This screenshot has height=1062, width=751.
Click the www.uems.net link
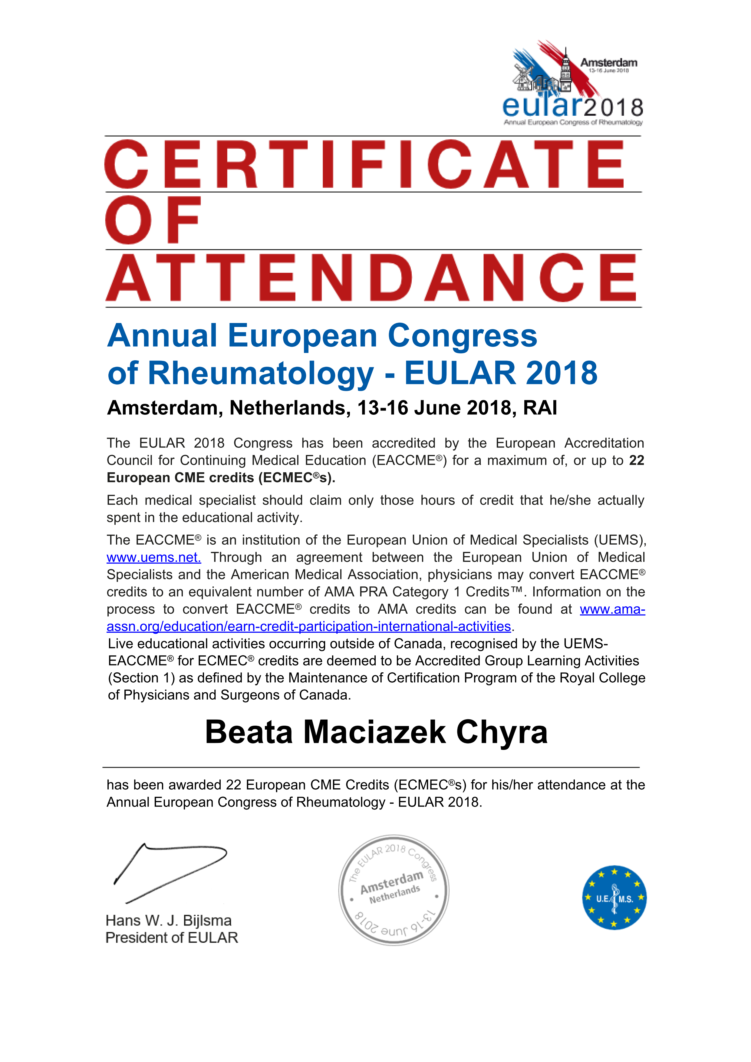coord(153,557)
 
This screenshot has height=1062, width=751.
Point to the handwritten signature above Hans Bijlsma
coord(170,872)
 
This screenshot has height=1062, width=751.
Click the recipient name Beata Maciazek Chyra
coord(376,732)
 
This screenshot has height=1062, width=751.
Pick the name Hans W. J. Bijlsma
coord(168,920)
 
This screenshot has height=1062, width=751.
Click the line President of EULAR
coord(172,938)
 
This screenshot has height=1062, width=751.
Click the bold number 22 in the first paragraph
coord(636,460)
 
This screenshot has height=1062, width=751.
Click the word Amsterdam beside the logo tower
coord(608,62)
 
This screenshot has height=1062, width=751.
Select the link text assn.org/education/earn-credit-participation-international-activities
coord(308,626)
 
